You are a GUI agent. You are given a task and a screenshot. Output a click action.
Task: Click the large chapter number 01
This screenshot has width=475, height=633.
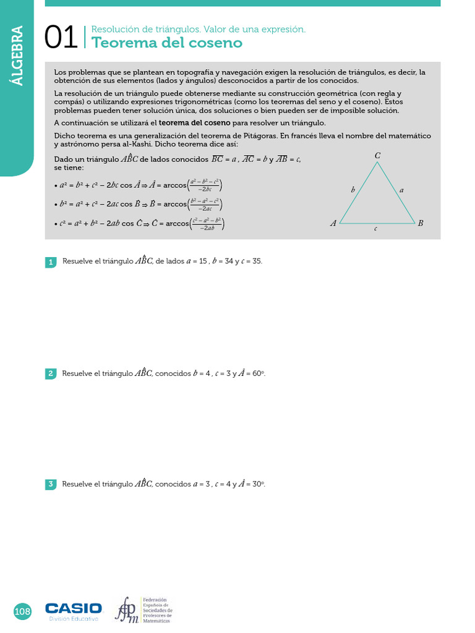(61, 38)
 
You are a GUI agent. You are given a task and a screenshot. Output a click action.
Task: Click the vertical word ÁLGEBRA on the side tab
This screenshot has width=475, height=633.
(17, 56)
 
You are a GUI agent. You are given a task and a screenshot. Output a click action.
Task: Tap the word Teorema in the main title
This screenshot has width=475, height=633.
(120, 43)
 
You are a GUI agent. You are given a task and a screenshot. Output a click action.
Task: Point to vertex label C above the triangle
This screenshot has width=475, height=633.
(377, 156)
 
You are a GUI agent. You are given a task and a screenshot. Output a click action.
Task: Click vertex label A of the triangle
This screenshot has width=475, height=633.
(333, 223)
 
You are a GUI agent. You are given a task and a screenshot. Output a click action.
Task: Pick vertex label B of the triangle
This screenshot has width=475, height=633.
(421, 223)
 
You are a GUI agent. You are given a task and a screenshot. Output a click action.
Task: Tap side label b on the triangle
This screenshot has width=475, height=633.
(353, 190)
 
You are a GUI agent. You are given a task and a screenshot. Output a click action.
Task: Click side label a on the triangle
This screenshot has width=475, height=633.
(401, 190)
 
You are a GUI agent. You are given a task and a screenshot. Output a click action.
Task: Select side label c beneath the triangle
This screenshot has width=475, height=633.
(376, 229)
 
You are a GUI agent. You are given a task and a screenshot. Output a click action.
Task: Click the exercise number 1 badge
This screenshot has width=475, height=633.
(51, 262)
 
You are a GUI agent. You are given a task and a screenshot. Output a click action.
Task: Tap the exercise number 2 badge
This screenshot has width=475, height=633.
(51, 373)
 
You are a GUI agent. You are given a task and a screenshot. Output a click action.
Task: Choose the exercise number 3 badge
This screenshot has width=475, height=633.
(51, 485)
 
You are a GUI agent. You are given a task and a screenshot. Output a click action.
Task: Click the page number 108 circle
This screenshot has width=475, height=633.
(22, 611)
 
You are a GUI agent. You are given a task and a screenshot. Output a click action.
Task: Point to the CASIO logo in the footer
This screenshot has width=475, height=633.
(74, 608)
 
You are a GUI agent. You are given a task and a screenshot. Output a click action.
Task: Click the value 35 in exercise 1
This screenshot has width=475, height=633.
(256, 261)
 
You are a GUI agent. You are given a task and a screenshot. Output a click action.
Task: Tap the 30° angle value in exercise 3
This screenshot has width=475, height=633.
(259, 484)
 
